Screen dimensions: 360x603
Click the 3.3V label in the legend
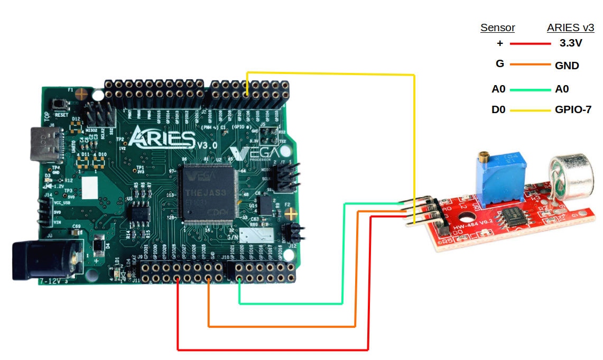tap(570, 43)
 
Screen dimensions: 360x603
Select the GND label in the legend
tap(567, 66)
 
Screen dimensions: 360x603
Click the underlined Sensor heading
tap(497, 28)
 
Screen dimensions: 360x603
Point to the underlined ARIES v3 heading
tap(570, 28)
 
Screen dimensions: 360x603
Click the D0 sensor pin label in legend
tap(498, 110)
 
